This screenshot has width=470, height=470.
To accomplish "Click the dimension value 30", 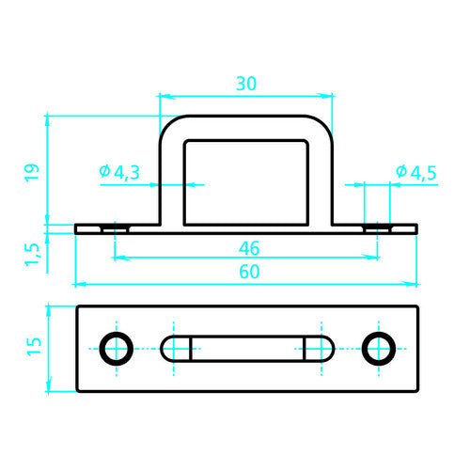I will [246, 83].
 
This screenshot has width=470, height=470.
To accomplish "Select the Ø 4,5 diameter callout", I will [415, 172].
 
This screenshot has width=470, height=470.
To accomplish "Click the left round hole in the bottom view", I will [117, 347].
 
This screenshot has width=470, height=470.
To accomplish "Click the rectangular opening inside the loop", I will [246, 181].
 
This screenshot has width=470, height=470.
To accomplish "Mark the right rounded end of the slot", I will [321, 347].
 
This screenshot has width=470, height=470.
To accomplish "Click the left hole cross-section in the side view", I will [116, 228].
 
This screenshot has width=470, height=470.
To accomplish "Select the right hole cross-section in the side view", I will [378, 228].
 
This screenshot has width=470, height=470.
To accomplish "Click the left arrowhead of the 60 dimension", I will [79, 283].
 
